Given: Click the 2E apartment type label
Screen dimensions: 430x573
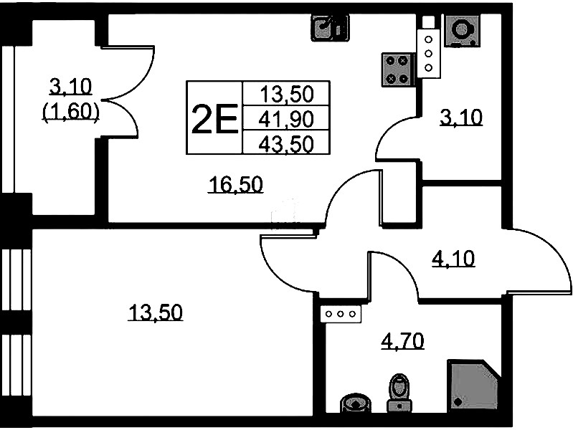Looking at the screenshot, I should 214,118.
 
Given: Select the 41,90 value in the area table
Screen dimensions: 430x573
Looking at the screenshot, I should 288,118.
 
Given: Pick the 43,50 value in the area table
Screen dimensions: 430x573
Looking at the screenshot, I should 288,143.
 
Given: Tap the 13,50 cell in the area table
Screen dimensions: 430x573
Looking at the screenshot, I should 288,94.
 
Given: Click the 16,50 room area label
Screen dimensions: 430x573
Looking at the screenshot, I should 236,185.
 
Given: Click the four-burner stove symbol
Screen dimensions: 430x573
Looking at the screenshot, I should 397,69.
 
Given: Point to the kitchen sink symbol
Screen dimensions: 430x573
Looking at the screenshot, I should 329,28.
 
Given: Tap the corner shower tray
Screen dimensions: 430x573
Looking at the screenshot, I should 473,384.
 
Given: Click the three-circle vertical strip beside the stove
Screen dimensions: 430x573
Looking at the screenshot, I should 428,54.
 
